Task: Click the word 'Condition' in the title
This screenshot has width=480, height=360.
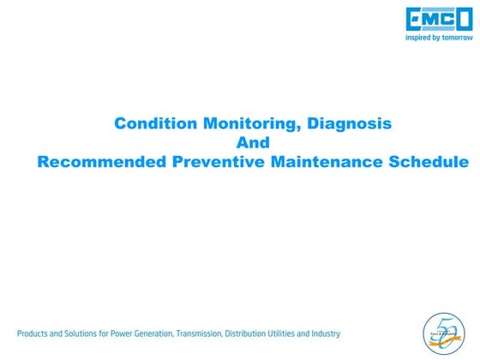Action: [x=156, y=123]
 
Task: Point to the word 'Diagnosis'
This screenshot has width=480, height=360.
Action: [x=350, y=123]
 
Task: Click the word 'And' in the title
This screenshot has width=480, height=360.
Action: [x=253, y=142]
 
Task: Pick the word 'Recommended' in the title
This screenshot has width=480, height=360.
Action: [x=96, y=161]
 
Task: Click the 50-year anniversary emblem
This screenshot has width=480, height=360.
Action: [x=444, y=333]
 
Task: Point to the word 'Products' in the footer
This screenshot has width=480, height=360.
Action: [x=34, y=333]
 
